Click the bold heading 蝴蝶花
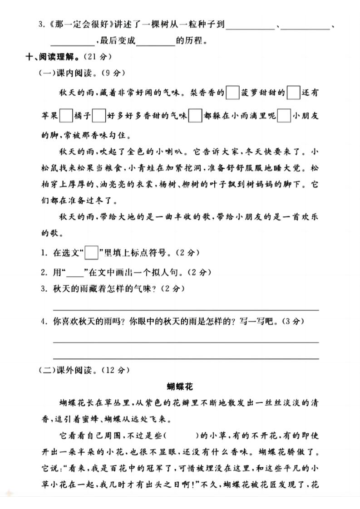click(x=180, y=387)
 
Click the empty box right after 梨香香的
click(x=232, y=93)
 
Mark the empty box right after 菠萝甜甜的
click(x=294, y=93)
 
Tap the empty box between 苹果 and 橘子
click(x=66, y=116)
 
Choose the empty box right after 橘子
click(x=99, y=116)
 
